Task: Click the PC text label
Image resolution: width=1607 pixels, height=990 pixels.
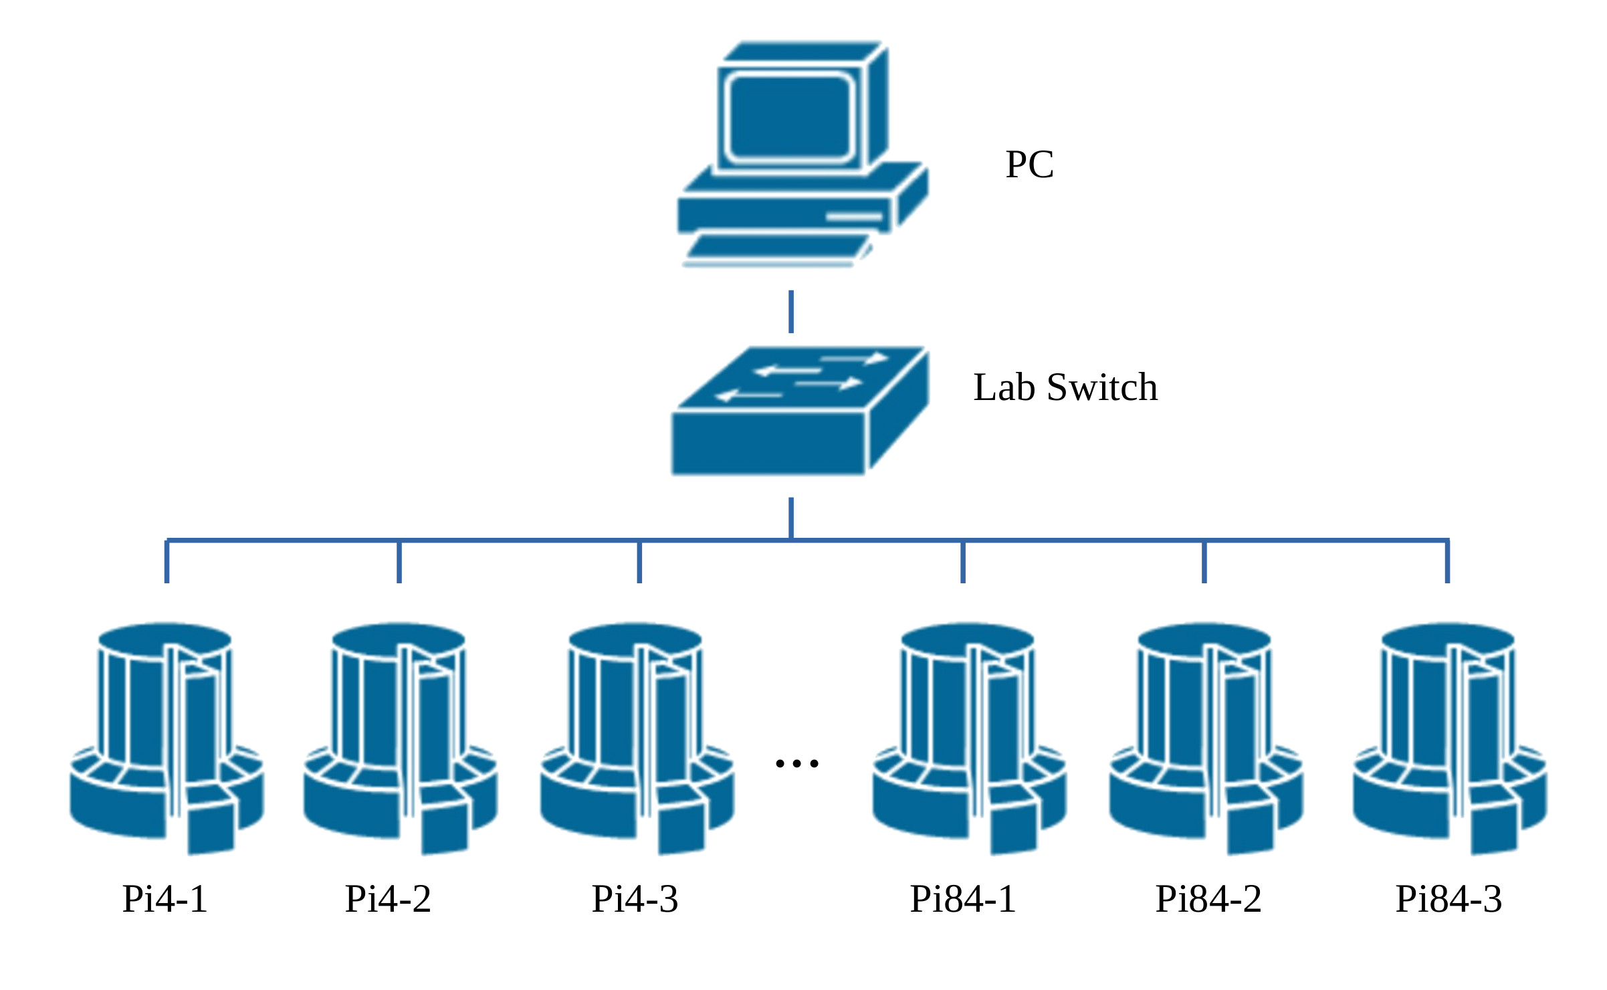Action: coord(1029,165)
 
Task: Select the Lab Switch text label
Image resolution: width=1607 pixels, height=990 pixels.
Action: coord(1065,387)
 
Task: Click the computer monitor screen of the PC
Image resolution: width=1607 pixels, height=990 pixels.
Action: coord(789,117)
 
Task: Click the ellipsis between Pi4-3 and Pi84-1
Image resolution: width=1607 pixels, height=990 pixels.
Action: coord(796,763)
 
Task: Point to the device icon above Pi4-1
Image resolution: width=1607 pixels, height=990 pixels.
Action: coord(167,736)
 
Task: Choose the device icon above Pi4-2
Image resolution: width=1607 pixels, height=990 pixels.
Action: coord(400,736)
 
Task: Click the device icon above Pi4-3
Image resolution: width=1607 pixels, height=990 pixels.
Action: coord(637,736)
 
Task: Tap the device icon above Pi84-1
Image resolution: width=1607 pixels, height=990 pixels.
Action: coord(969,736)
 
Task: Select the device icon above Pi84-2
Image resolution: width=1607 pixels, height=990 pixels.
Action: coord(1206,736)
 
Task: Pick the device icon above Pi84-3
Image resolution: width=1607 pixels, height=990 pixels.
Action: coord(1449,736)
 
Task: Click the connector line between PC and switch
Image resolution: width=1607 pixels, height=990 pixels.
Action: coord(791,312)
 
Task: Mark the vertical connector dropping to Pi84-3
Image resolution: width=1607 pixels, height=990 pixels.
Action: coord(1447,562)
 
